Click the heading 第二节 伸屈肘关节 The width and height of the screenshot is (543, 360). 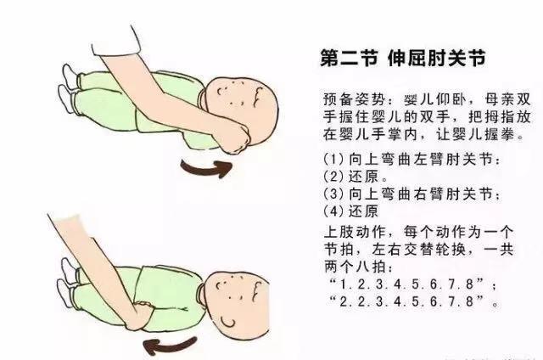click(403, 59)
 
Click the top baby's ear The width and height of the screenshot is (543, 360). click(258, 96)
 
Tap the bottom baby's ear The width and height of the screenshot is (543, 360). click(257, 292)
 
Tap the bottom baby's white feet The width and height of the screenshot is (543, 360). click(67, 283)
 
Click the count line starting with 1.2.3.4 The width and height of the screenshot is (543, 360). click(413, 284)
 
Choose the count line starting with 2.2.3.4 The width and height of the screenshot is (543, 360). click(413, 301)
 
